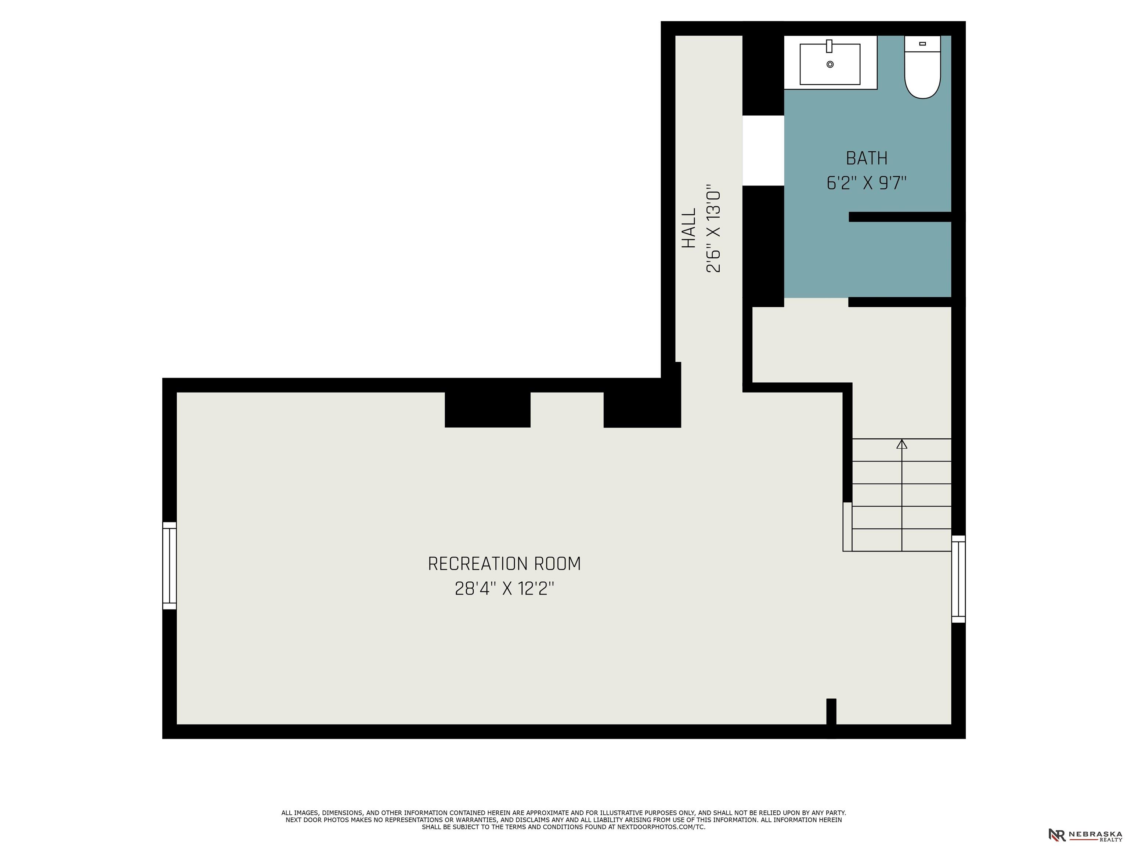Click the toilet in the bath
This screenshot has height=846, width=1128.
922,67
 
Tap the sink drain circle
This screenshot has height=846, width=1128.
830,64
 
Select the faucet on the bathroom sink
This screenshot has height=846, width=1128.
829,46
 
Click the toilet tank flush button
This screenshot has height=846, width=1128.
922,44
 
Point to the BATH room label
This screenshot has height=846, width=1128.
867,158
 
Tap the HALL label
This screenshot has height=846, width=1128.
689,228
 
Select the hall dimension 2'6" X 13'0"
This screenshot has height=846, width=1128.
713,228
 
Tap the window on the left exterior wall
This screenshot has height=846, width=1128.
169,565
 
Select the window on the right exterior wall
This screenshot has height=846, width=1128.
958,579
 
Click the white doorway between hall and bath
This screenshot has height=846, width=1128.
763,151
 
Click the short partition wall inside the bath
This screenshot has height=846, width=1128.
900,217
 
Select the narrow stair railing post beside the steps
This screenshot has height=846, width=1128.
847,527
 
